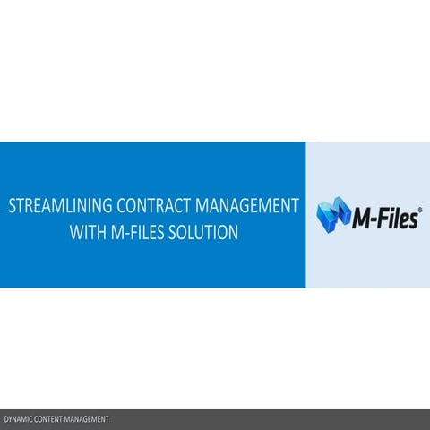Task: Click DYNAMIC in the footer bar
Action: (19, 419)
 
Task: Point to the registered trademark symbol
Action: (420, 207)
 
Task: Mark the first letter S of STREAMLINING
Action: (13, 205)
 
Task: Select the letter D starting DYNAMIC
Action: (6, 419)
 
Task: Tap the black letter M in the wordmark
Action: (356, 217)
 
